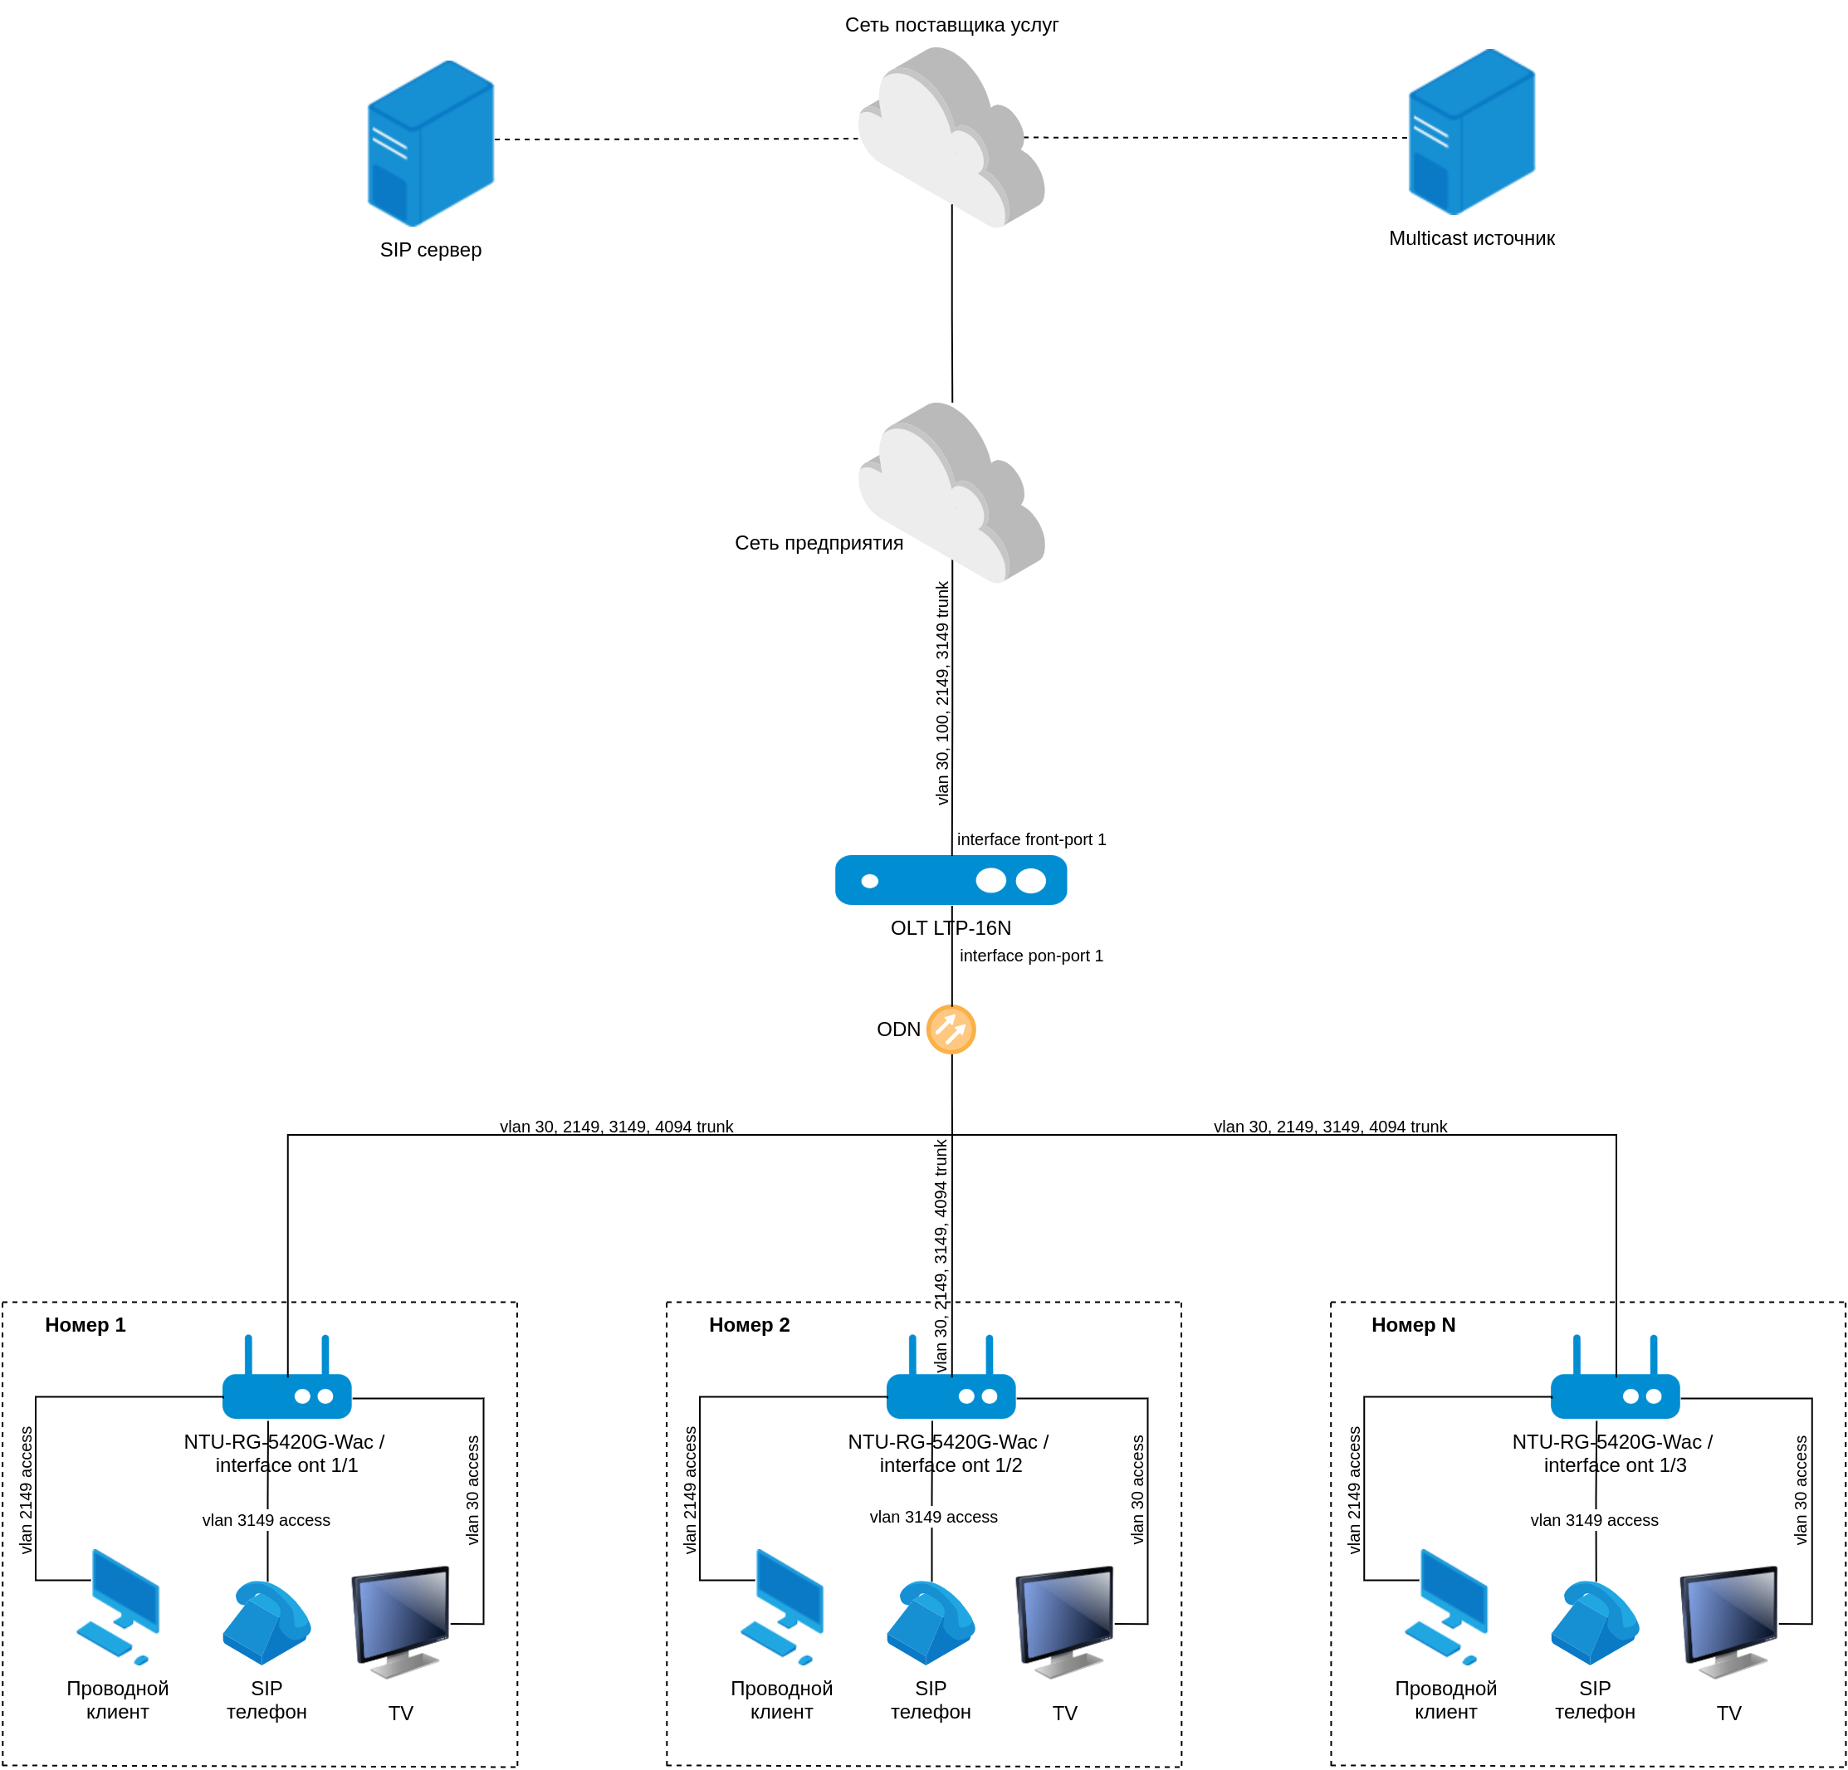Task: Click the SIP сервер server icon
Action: (x=431, y=144)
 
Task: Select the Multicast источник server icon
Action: (x=1471, y=132)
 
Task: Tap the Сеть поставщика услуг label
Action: (x=951, y=26)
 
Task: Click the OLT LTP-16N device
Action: (x=951, y=880)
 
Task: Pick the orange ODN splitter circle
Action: (x=951, y=1029)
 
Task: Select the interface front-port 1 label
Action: (x=1031, y=839)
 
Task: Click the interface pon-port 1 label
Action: (x=1031, y=956)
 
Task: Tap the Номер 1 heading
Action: (x=85, y=1325)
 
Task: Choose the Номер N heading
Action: (x=1412, y=1325)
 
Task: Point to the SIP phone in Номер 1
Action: (x=266, y=1622)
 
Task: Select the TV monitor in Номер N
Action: (x=1729, y=1620)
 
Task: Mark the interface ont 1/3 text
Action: (x=1614, y=1465)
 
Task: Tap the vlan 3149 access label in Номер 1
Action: (x=266, y=1520)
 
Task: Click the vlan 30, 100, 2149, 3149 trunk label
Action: (x=942, y=693)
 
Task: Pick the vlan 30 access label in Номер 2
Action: (x=1138, y=1490)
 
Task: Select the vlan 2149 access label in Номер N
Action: (x=1354, y=1490)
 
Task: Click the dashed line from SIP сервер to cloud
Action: (x=676, y=139)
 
